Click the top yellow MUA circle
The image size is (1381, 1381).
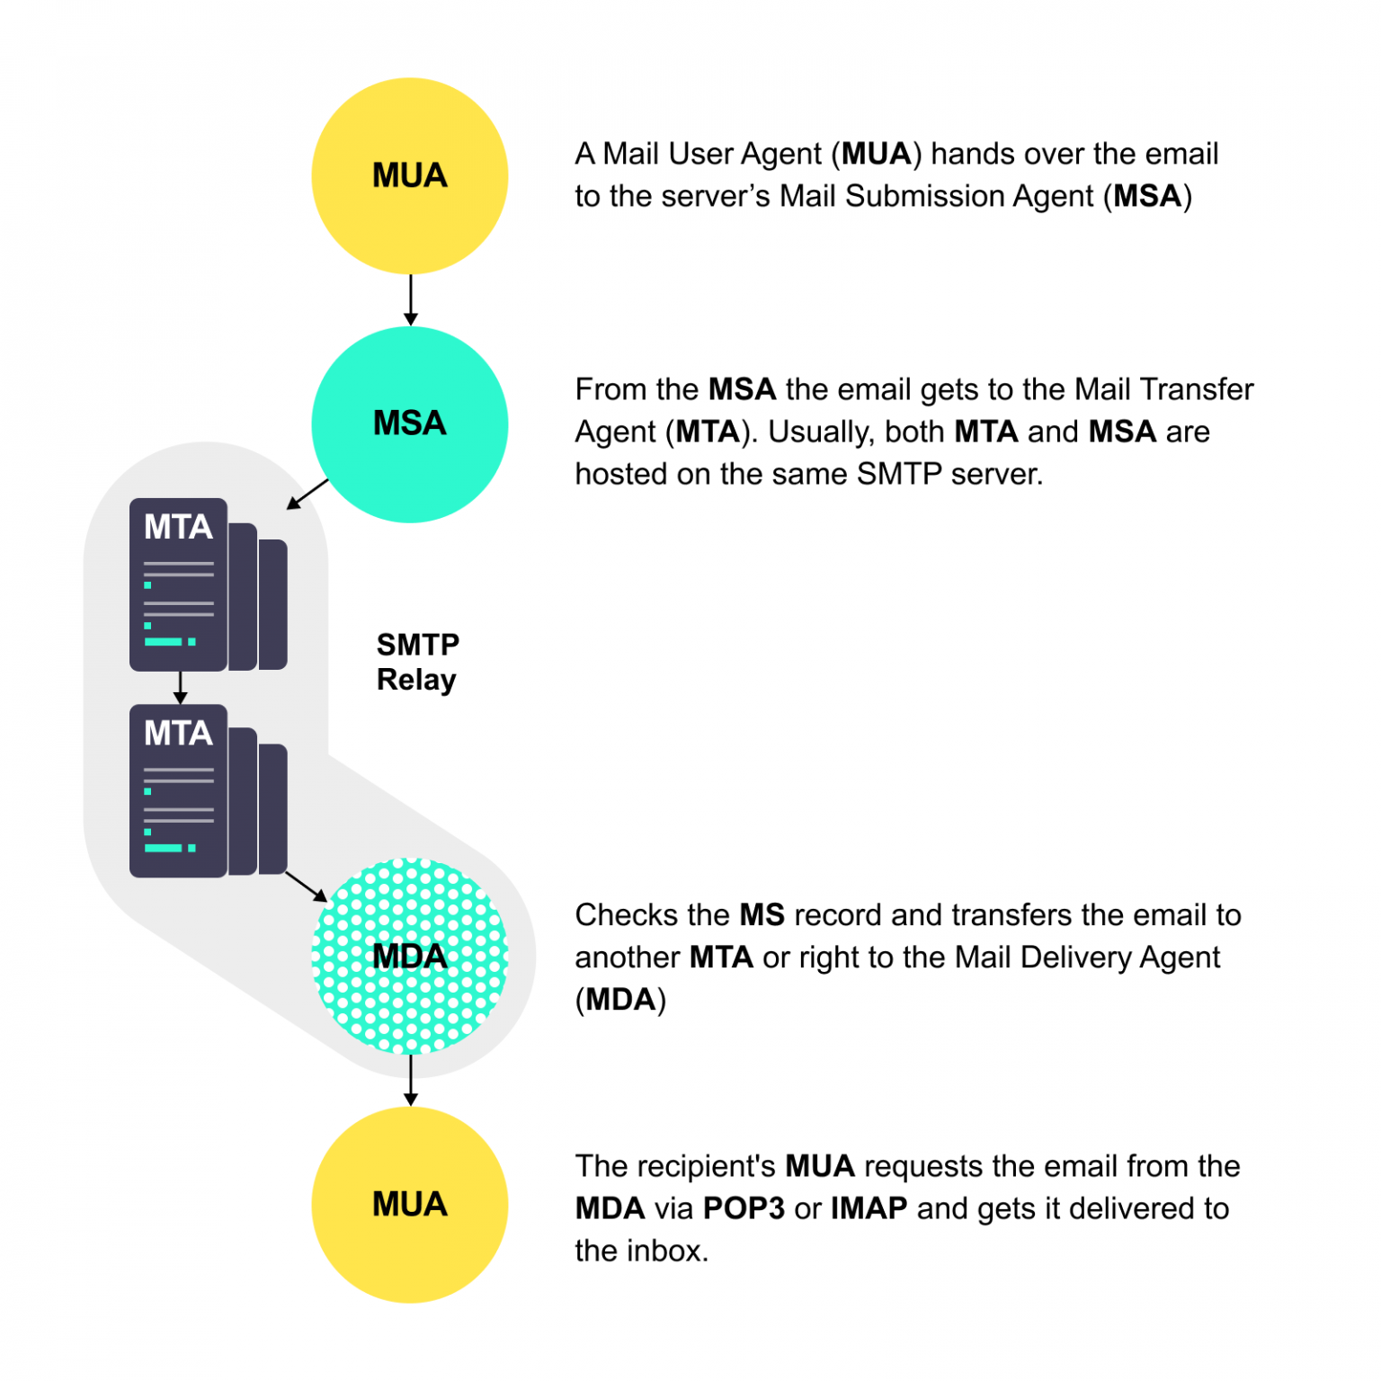[410, 176]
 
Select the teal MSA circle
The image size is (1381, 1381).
[410, 424]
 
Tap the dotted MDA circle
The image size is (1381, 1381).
[410, 956]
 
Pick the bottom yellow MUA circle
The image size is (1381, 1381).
[410, 1205]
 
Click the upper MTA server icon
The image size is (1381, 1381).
[207, 584]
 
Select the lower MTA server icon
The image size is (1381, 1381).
[207, 791]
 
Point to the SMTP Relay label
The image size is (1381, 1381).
[417, 662]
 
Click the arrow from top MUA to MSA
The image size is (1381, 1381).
[411, 300]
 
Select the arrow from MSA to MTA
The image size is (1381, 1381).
[307, 494]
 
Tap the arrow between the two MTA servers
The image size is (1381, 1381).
[180, 687]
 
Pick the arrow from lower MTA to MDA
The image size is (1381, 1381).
[307, 886]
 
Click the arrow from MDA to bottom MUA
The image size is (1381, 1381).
[411, 1080]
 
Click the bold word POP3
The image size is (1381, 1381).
[744, 1208]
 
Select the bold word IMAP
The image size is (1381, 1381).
[869, 1208]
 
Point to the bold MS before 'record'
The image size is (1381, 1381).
[762, 915]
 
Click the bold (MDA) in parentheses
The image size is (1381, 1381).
[620, 1000]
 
